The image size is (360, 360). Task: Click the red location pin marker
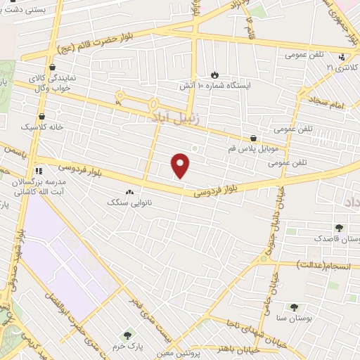181,165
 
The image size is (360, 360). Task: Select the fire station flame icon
214,74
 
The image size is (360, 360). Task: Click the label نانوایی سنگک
129,202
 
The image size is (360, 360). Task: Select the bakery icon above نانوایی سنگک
129,192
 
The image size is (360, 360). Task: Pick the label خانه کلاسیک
41,127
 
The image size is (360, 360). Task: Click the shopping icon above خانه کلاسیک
41,116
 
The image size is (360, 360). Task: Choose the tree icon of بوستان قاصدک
340,228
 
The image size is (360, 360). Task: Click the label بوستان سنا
294,318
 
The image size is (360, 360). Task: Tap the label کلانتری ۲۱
343,67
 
